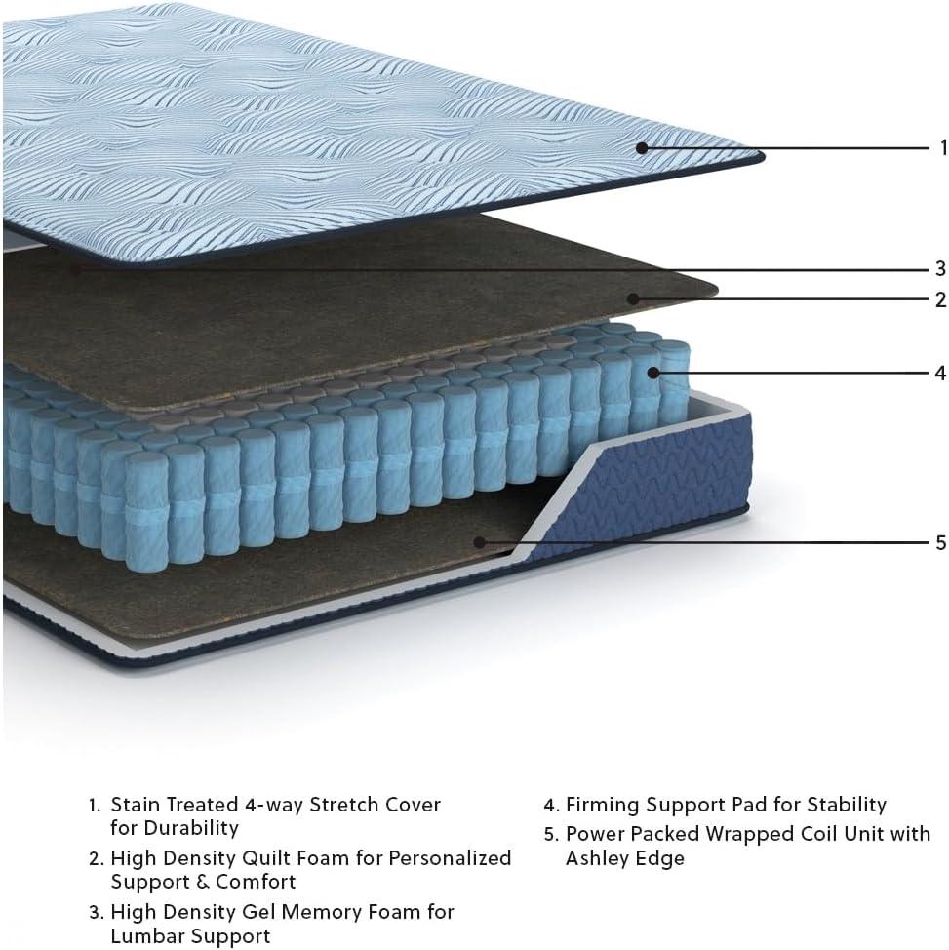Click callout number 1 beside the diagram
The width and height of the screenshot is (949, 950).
click(x=943, y=147)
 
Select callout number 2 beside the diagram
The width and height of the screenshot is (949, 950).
click(x=940, y=299)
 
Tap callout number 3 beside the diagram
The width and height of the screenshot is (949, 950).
click(x=940, y=268)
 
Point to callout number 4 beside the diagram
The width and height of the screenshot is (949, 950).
click(x=940, y=373)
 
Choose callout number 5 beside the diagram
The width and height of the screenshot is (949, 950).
click(x=940, y=542)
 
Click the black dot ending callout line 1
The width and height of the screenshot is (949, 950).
click(x=643, y=148)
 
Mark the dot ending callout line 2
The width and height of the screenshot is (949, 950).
click(x=633, y=298)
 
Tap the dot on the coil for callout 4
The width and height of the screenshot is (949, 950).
click(x=653, y=373)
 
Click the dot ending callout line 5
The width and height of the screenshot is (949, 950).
click(x=479, y=542)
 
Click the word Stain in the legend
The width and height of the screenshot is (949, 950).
click(x=136, y=805)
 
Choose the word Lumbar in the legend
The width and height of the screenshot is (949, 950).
click(x=143, y=936)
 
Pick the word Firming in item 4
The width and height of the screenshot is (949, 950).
click(x=601, y=806)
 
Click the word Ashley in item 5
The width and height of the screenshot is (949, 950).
click(x=595, y=859)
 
